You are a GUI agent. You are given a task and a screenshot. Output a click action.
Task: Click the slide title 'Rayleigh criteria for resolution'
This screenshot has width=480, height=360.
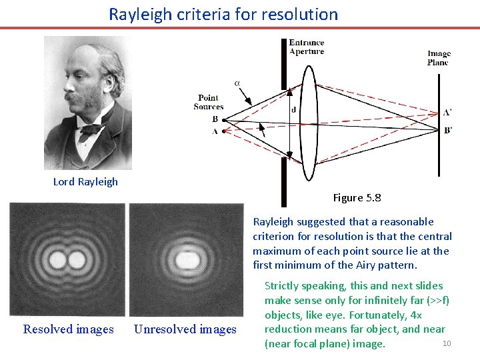click(223, 14)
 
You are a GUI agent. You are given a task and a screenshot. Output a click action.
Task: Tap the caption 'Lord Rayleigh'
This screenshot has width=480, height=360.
click(85, 182)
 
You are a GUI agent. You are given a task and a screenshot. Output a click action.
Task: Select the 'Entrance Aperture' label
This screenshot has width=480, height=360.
click(306, 47)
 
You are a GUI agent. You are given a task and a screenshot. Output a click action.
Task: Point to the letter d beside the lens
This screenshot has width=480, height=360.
click(293, 110)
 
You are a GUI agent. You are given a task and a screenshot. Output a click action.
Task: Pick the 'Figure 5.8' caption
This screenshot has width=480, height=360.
click(357, 197)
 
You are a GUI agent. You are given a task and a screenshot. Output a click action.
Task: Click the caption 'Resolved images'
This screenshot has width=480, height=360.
click(68, 329)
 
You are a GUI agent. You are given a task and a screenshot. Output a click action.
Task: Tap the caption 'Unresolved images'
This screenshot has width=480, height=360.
click(185, 329)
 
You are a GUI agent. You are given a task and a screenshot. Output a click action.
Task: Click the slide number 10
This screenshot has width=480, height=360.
click(447, 343)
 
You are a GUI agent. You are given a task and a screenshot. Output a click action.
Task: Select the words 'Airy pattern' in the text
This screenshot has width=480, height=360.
click(387, 265)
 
